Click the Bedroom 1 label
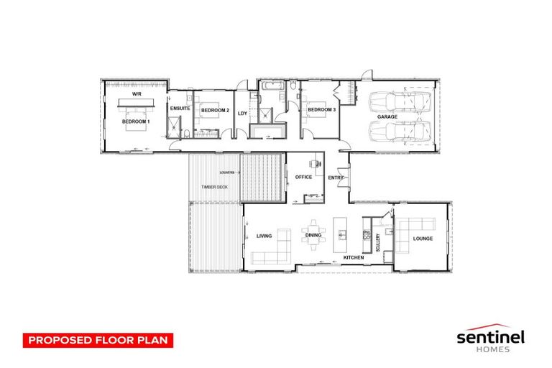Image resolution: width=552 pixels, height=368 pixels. [136, 122]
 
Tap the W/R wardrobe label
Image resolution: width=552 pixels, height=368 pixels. [136, 95]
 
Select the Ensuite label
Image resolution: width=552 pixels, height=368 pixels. [180, 109]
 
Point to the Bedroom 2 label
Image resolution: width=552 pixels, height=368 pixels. [215, 110]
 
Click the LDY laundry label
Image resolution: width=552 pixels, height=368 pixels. [242, 113]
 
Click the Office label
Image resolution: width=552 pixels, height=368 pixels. [303, 177]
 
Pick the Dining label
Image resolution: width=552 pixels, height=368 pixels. [313, 235]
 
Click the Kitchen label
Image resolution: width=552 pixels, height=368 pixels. [352, 257]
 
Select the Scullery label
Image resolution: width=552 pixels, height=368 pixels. [377, 239]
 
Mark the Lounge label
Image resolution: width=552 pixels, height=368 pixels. [423, 239]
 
